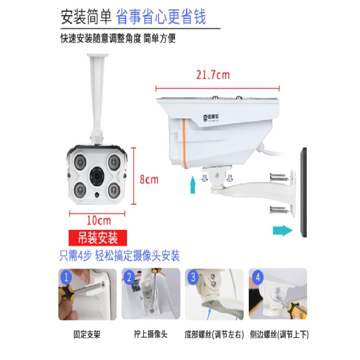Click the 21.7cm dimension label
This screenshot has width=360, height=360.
tap(212, 75)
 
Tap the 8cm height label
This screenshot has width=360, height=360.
tap(148, 180)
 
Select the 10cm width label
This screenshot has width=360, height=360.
tap(99, 220)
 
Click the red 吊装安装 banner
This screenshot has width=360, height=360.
tap(99, 237)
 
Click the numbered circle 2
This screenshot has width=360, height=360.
tap(130, 277)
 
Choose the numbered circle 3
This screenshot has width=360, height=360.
tap(193, 277)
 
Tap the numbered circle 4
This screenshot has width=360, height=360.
tap(257, 277)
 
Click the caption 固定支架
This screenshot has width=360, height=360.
tap(87, 335)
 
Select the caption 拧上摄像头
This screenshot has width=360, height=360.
tap(151, 335)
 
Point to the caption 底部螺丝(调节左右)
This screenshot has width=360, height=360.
tap(214, 335)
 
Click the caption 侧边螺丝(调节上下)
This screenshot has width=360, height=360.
tap(278, 335)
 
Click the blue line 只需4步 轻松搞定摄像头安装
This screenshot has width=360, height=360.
tap(120, 256)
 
